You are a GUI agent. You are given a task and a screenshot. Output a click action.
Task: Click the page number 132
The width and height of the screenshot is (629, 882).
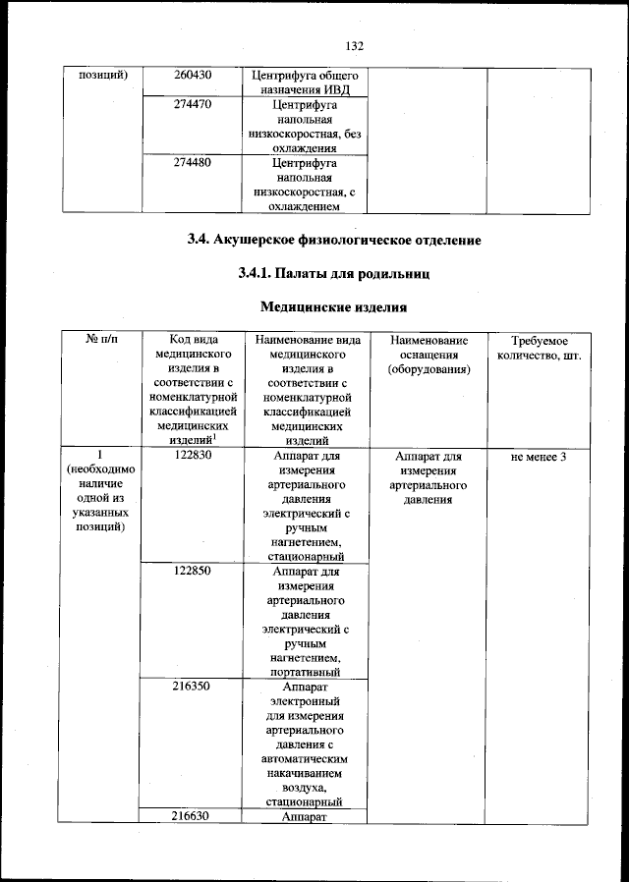click(x=356, y=45)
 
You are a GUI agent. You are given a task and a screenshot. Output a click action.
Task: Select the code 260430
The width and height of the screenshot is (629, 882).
click(x=194, y=75)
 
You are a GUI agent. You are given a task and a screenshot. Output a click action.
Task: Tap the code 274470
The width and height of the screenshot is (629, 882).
click(x=194, y=102)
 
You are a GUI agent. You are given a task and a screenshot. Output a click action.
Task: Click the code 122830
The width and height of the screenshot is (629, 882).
click(x=194, y=456)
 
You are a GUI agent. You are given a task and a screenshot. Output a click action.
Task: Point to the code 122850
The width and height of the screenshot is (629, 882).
click(x=194, y=570)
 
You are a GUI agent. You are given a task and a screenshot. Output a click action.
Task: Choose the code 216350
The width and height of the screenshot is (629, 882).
click(x=194, y=688)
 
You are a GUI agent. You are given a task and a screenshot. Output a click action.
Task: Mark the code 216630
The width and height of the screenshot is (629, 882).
click(x=194, y=815)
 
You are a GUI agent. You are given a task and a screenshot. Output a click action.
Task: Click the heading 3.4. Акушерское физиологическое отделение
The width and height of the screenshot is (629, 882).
click(x=334, y=240)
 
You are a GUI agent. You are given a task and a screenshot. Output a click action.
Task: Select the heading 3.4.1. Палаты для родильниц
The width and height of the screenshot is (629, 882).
click(x=334, y=271)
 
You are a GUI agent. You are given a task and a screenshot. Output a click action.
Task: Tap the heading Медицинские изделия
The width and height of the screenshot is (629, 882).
click(x=334, y=307)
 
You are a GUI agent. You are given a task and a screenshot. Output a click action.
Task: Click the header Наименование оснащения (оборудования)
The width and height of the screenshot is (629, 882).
click(x=428, y=355)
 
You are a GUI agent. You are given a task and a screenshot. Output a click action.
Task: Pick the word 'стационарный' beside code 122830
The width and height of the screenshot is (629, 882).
click(x=305, y=557)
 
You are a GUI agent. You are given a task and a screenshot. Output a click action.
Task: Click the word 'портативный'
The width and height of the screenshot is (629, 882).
click(x=305, y=673)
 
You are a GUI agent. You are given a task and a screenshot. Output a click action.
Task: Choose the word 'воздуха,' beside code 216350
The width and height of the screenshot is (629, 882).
click(x=305, y=787)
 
